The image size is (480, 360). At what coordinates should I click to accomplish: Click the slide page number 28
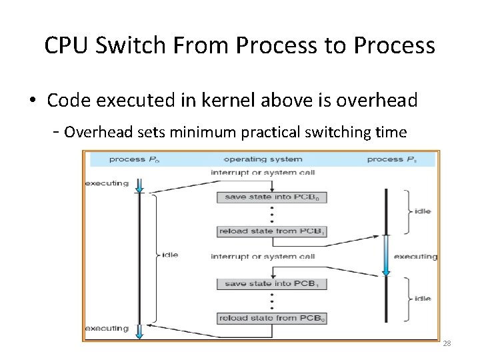tap(447, 343)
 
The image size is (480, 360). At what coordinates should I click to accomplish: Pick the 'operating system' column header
tap(263, 159)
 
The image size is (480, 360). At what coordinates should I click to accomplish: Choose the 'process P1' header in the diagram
tap(394, 159)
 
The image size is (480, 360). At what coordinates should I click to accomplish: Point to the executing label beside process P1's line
tap(415, 257)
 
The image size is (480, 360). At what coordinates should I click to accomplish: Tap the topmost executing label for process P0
tap(107, 183)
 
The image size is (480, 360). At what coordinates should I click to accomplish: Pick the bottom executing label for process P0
tap(107, 328)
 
